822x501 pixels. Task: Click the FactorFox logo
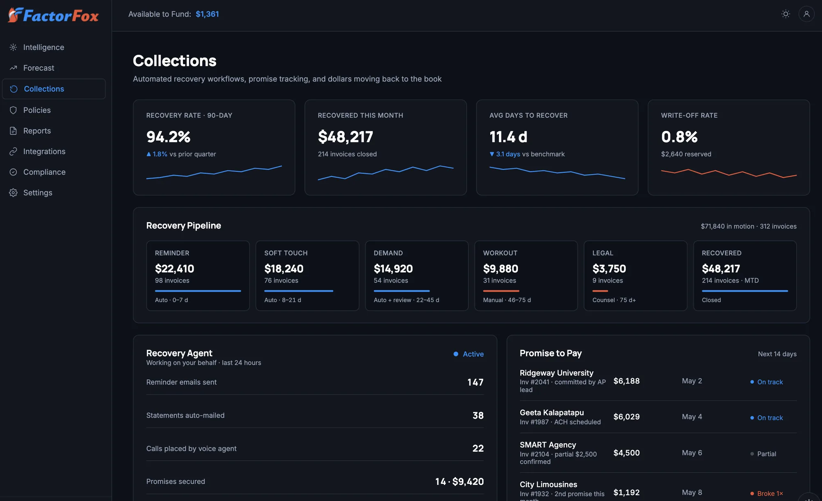coord(53,15)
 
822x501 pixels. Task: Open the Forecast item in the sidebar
coord(39,68)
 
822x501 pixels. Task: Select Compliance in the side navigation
coord(44,172)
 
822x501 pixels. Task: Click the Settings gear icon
coord(13,193)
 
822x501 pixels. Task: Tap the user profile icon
coord(806,14)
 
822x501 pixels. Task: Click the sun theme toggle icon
coord(785,14)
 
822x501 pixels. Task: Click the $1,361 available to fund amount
coord(207,14)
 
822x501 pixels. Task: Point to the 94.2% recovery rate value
coord(169,137)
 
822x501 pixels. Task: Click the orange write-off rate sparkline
coord(729,173)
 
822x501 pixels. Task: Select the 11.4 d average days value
coord(508,137)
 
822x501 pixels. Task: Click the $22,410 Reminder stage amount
coord(174,269)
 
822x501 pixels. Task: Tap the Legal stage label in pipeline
coord(603,253)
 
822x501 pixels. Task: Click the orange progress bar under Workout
coord(501,291)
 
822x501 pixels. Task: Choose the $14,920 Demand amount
coord(393,269)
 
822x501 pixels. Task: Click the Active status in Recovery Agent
coord(473,354)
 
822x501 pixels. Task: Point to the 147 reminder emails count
coord(476,382)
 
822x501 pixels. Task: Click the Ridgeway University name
coord(556,373)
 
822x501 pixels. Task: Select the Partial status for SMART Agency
coord(767,454)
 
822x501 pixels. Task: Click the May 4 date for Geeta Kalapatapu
coord(692,417)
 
